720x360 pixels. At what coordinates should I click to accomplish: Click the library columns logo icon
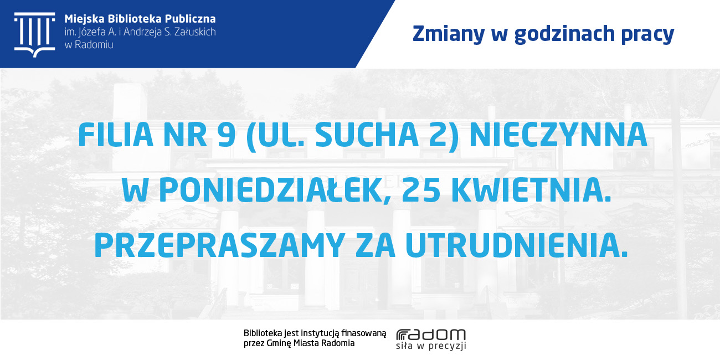point(35,35)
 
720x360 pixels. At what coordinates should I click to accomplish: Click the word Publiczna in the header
point(191,19)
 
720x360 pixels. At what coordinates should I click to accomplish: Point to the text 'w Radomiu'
point(89,45)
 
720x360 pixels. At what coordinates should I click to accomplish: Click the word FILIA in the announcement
point(115,135)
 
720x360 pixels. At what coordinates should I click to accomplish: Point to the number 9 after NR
point(227,135)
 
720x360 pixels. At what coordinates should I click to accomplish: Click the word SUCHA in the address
point(367,135)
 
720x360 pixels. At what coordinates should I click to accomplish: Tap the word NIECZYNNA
point(558,135)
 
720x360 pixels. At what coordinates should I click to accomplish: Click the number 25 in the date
point(421,191)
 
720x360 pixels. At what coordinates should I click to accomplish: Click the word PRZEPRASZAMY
point(219,245)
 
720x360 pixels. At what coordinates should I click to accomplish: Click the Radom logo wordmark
point(431,335)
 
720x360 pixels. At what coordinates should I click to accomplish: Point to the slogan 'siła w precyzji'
point(431,346)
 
